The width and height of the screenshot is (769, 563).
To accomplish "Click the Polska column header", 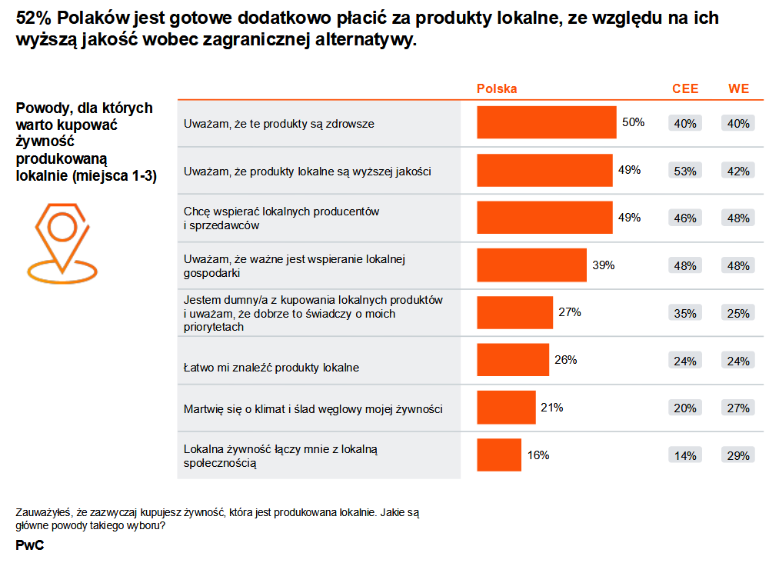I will click(497, 88).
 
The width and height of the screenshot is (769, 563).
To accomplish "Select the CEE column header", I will click(685, 88).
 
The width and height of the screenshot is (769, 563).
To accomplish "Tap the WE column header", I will click(738, 88).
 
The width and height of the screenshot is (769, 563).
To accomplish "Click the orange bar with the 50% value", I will click(546, 122).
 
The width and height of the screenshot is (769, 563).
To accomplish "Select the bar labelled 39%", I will click(531, 265).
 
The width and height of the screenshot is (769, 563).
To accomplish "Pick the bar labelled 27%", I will click(514, 313).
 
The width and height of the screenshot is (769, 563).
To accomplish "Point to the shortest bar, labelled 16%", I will click(499, 455).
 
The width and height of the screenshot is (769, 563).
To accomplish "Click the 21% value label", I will click(551, 408).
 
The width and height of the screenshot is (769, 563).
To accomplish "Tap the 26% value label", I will click(565, 360).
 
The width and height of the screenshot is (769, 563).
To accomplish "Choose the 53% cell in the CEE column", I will click(684, 171).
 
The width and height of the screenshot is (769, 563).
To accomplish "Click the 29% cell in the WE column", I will click(738, 455).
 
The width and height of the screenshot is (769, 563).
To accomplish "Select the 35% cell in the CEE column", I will click(684, 313).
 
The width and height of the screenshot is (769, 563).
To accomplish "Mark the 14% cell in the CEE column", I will click(684, 455).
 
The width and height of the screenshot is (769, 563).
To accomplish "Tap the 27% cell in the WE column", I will click(738, 408).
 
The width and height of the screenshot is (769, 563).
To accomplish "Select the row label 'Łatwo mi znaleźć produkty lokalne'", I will click(271, 368).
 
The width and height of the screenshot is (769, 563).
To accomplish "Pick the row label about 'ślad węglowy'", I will click(313, 409).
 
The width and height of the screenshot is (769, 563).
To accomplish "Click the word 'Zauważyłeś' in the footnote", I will click(43, 511).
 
